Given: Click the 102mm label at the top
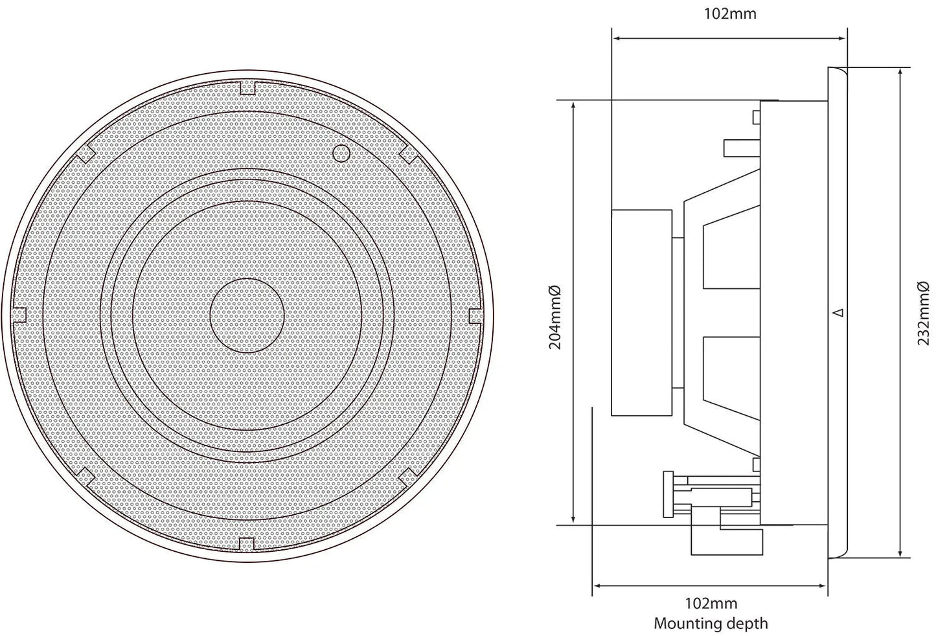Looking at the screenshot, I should [x=730, y=14].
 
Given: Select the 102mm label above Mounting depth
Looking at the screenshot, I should [x=711, y=604].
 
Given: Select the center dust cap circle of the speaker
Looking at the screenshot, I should [x=247, y=315].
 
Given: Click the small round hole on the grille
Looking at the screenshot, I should [x=340, y=153].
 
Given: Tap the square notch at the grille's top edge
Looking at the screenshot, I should [x=247, y=87].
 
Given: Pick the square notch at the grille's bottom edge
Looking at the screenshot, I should [x=247, y=544].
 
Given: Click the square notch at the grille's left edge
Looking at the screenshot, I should [x=19, y=315].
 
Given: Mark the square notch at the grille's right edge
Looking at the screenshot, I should [x=475, y=315].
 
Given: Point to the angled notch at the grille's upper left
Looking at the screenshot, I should [x=86, y=153].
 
